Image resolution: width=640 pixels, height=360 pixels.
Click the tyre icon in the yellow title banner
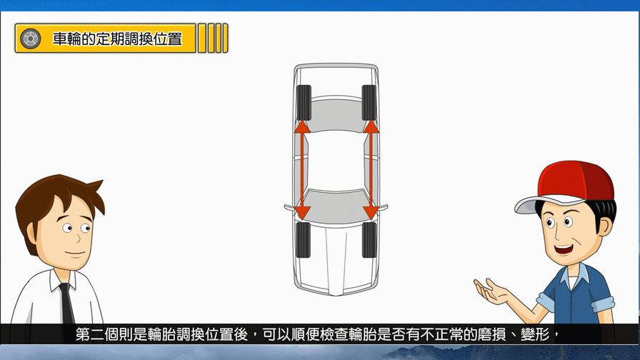coord(30,39)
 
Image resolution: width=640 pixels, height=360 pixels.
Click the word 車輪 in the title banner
coord(67,39)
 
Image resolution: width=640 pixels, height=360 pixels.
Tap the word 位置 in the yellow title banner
coord(168,39)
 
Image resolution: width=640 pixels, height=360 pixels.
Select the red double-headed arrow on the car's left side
coord(302,169)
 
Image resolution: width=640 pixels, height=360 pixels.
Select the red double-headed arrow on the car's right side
coord(371,169)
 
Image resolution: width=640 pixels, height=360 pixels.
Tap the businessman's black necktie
coord(66,304)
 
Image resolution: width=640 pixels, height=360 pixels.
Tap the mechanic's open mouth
coord(564,249)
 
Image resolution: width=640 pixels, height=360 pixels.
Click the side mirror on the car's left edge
coord(289,207)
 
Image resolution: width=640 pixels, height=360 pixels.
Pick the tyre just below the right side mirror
coord(369,239)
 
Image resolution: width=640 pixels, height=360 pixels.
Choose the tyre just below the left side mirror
coord(303,239)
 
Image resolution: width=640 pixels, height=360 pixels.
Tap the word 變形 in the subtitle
coord(535,335)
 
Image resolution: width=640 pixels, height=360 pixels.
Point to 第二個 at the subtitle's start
coord(97,335)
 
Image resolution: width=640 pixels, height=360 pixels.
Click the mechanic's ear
coord(605,224)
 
